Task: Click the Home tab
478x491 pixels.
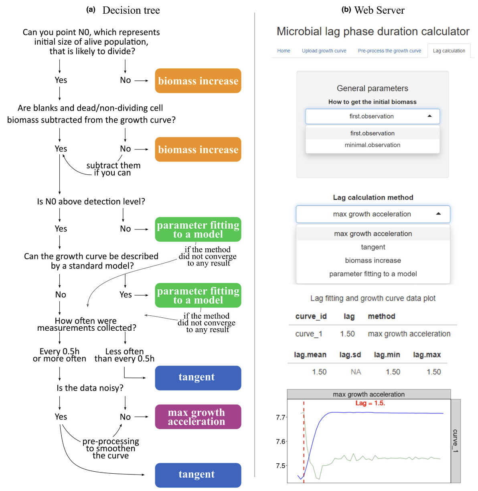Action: pyautogui.click(x=284, y=51)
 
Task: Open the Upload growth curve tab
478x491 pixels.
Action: pyautogui.click(x=324, y=51)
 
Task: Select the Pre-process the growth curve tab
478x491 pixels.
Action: pyautogui.click(x=389, y=51)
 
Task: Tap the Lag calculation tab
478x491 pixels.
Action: pyautogui.click(x=449, y=51)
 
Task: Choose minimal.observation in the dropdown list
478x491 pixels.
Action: pyautogui.click(x=372, y=145)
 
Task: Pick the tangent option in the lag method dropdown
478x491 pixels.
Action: pyautogui.click(x=373, y=247)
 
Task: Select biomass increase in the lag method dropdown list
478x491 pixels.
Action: pyautogui.click(x=373, y=260)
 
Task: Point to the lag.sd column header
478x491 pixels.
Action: pyautogui.click(x=350, y=355)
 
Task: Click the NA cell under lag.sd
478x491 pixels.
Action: pyautogui.click(x=356, y=372)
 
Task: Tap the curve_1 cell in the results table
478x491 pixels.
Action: pyautogui.click(x=308, y=334)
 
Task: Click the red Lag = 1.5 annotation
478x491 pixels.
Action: pyautogui.click(x=370, y=403)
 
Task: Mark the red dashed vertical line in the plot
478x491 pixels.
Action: pyautogui.click(x=304, y=442)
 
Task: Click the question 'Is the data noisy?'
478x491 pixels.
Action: pyautogui.click(x=90, y=388)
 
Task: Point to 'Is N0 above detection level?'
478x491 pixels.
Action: pyautogui.click(x=91, y=202)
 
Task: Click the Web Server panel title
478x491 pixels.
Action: pyautogui.click(x=379, y=10)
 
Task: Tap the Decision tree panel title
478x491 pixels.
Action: pyautogui.click(x=131, y=10)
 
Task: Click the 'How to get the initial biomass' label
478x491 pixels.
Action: pyautogui.click(x=372, y=102)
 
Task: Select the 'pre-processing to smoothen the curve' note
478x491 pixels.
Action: pyautogui.click(x=111, y=448)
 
